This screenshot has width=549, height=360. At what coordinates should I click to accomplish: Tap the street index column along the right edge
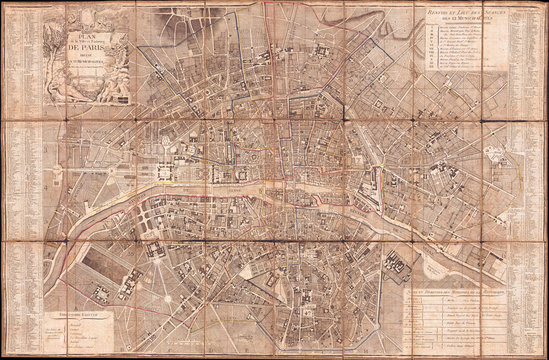coord(532,180)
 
